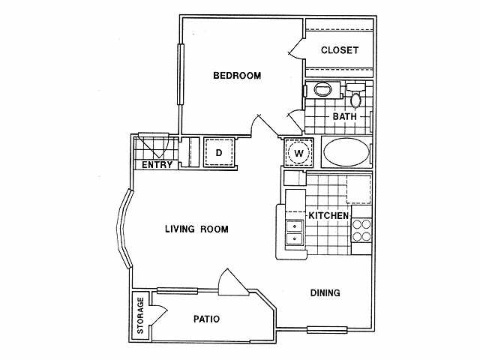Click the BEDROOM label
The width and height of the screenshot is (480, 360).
click(x=237, y=76)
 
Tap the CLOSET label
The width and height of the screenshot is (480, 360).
click(x=339, y=50)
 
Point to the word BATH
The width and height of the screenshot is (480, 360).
click(x=346, y=116)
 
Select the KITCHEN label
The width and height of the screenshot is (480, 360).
click(x=328, y=216)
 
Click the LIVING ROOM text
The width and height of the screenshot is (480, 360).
click(x=196, y=229)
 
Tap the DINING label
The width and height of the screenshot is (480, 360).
click(x=325, y=293)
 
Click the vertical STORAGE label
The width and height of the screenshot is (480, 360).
click(x=139, y=316)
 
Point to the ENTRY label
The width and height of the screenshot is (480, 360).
click(x=157, y=165)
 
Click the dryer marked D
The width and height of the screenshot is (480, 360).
click(x=219, y=153)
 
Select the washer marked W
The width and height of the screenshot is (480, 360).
click(x=298, y=154)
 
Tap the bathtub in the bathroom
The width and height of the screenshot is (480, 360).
click(x=346, y=154)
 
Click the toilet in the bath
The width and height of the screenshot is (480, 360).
click(x=356, y=97)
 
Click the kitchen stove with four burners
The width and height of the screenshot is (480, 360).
click(x=362, y=231)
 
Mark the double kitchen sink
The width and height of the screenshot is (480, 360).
click(x=295, y=232)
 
